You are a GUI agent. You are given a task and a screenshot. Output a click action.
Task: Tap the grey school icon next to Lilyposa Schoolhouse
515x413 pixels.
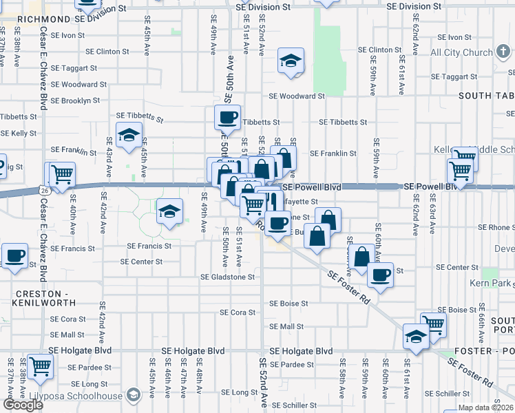[x=134, y=395]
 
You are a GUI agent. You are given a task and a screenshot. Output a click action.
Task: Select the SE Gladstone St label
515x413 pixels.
[x=227, y=277]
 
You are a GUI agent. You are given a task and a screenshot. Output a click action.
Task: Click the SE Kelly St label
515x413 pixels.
[x=19, y=133]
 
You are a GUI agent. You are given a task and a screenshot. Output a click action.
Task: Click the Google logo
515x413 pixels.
[x=23, y=405]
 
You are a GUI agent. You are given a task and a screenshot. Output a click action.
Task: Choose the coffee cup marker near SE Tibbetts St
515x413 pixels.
[x=227, y=116]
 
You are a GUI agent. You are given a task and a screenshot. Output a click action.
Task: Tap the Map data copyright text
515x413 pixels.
[x=485, y=407]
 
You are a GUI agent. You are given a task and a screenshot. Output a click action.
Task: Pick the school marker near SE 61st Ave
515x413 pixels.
[x=417, y=336]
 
